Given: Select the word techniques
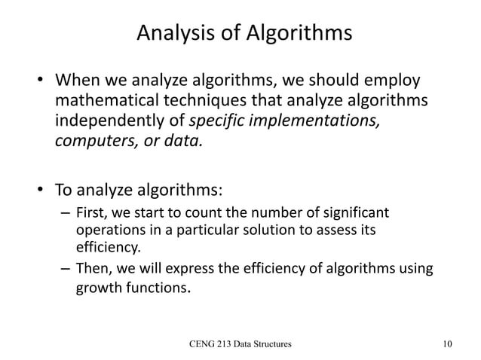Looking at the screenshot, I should [x=219, y=102].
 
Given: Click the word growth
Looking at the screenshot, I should [x=99, y=287].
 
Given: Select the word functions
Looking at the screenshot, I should [x=156, y=287].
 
